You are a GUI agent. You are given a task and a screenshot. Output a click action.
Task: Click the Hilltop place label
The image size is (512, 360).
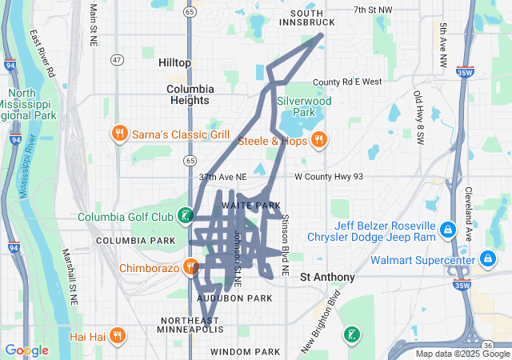tap(175, 62)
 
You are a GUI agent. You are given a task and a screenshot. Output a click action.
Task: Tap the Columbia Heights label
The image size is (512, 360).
tap(190, 94)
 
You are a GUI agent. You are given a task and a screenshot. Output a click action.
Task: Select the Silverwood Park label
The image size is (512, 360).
tap(303, 107)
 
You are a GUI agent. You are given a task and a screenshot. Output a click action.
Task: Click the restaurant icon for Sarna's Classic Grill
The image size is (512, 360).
tap(119, 134)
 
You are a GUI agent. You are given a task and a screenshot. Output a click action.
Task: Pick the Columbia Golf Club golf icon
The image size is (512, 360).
tap(186, 214)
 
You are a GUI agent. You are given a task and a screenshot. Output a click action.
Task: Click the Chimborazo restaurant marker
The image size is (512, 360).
tap(190, 266)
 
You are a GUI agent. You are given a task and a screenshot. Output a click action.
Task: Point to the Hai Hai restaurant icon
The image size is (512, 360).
tap(118, 334)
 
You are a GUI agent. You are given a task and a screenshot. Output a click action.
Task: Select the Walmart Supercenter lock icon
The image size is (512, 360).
tap(487, 259)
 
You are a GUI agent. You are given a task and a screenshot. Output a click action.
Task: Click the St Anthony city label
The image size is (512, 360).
tap(327, 278)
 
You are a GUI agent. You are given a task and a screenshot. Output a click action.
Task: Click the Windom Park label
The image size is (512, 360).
tap(246, 352)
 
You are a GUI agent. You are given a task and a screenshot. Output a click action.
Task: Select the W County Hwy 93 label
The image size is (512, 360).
tap(329, 177)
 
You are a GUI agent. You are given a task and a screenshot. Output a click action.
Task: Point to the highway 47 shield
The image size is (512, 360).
tap(118, 59)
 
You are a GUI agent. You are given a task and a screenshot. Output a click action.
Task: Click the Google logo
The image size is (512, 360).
tap(26, 350)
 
